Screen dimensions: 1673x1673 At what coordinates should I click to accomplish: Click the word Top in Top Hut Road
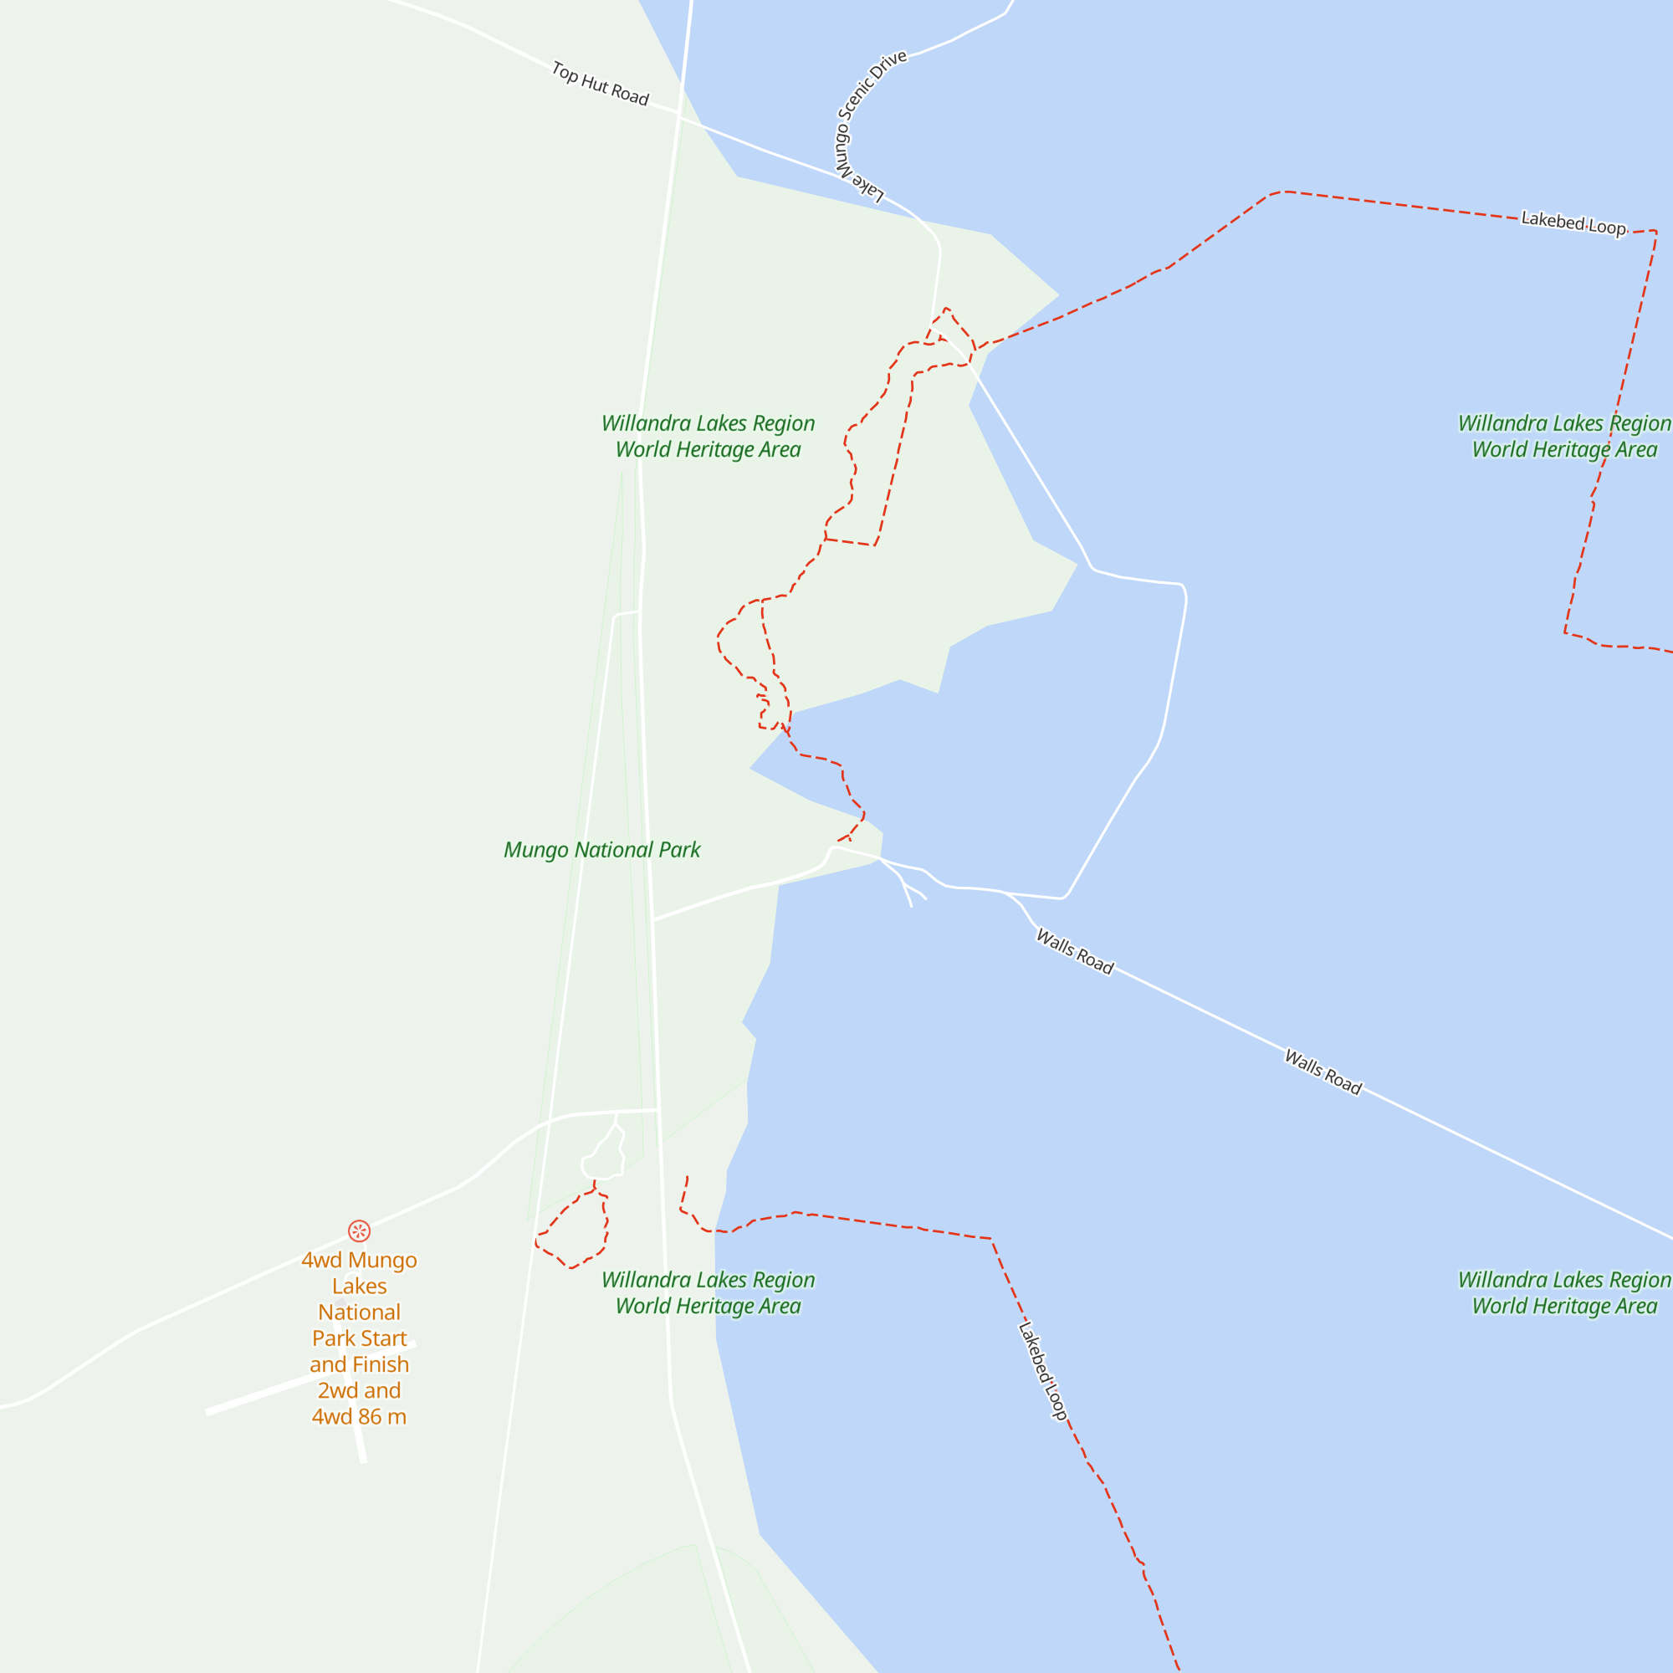coord(565,73)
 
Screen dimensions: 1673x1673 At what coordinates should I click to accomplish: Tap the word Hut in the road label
coord(594,84)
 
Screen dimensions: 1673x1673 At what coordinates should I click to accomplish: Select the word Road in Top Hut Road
coord(630,95)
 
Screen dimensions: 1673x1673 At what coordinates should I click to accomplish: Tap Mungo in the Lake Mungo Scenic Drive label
coord(842,147)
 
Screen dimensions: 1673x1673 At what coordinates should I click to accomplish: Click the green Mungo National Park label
coord(601,850)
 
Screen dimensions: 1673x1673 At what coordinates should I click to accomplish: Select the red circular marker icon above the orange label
coord(360,1230)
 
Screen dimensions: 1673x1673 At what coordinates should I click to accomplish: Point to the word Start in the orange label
coord(386,1338)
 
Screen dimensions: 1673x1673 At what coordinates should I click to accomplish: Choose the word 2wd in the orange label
coord(335,1389)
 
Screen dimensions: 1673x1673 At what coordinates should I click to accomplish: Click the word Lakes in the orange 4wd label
coord(360,1286)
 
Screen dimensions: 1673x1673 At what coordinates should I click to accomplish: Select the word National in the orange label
coord(360,1312)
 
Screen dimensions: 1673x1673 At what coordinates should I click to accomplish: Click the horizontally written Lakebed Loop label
coord(1573,223)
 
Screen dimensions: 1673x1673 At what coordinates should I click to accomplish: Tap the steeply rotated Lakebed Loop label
coord(1042,1370)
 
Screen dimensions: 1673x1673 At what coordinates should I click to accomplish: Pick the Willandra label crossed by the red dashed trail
coord(1564,436)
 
